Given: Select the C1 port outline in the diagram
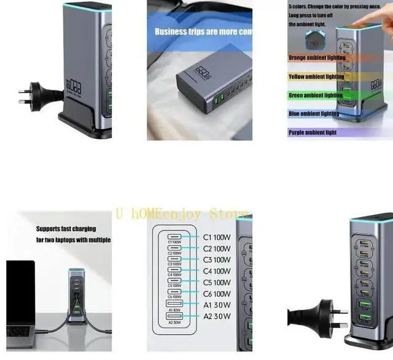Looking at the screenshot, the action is tap(174, 237).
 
